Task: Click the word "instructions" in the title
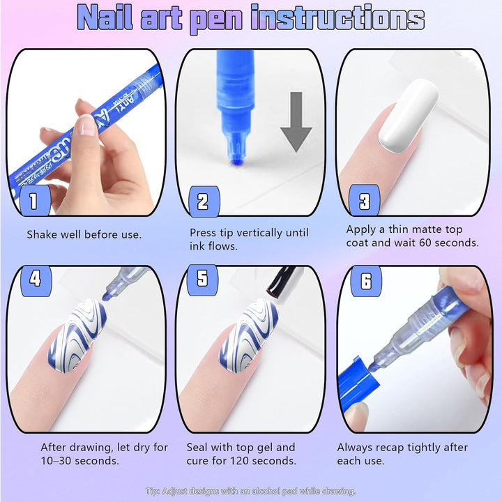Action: click(338, 19)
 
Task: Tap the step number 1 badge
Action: click(33, 202)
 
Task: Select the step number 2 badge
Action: click(203, 202)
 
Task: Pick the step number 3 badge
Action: click(364, 202)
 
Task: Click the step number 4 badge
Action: click(36, 280)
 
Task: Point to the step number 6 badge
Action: click(366, 282)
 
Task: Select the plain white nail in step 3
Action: click(409, 113)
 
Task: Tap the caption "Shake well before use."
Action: click(84, 235)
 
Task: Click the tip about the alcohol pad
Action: click(251, 492)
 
